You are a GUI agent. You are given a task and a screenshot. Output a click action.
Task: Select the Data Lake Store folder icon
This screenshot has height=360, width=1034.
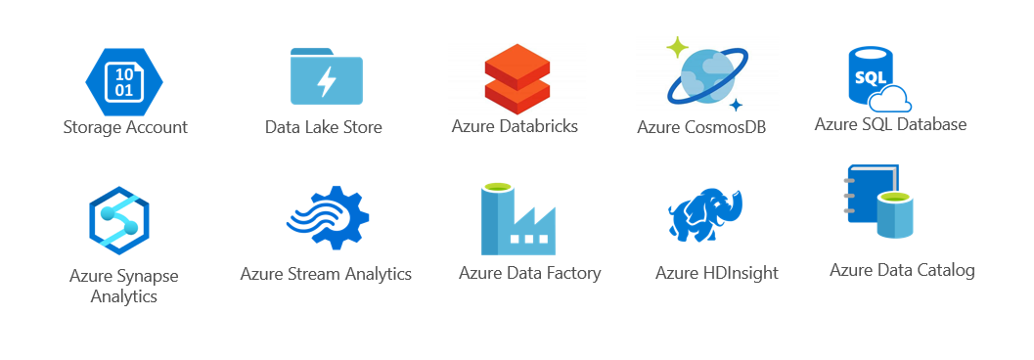point(327,78)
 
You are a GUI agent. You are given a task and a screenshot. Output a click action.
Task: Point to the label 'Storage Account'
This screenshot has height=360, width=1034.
point(125,127)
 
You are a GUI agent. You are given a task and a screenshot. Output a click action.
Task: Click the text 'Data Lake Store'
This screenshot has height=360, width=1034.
point(324,127)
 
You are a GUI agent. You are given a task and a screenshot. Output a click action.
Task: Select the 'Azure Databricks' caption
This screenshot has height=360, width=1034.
point(515,126)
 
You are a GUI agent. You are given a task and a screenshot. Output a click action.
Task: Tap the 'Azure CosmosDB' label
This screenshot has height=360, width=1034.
point(701,127)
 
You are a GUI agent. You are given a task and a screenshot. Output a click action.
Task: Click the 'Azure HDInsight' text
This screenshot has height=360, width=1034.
point(717,273)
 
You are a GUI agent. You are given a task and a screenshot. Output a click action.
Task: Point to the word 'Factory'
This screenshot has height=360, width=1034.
point(572,273)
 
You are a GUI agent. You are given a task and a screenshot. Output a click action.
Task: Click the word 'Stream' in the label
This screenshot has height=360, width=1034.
point(315,274)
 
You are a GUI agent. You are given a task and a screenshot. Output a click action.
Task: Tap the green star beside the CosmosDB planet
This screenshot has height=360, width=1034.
point(676,46)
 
